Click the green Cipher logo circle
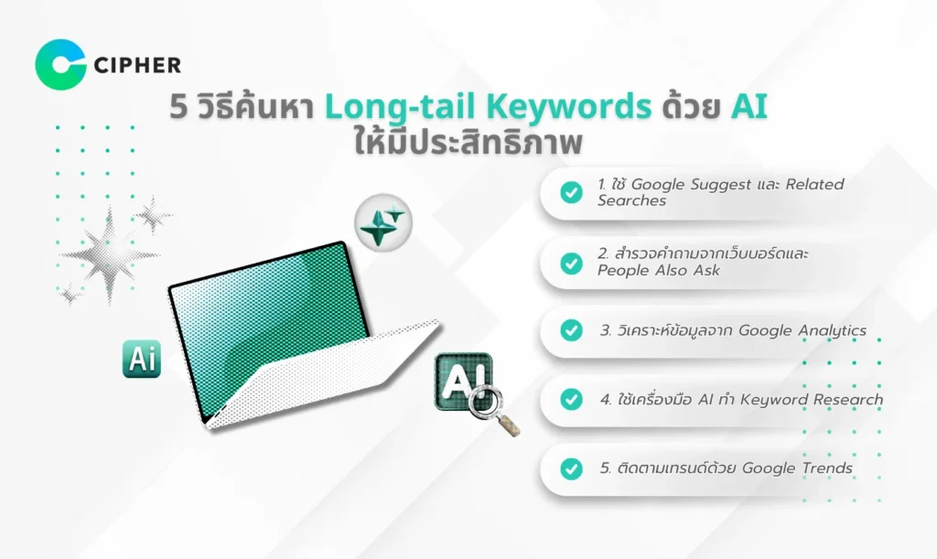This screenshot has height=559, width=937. [60, 64]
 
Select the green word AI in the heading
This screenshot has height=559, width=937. [748, 107]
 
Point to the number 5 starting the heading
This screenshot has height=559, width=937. [178, 108]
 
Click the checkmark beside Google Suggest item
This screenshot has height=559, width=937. [571, 192]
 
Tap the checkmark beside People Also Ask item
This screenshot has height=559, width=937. [571, 262]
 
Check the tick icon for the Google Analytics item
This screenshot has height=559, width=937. [571, 330]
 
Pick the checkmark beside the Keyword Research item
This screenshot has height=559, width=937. [571, 399]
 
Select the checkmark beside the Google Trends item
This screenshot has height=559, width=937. [571, 468]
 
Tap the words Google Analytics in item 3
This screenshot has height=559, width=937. [802, 330]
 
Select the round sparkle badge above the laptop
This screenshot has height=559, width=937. [382, 222]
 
